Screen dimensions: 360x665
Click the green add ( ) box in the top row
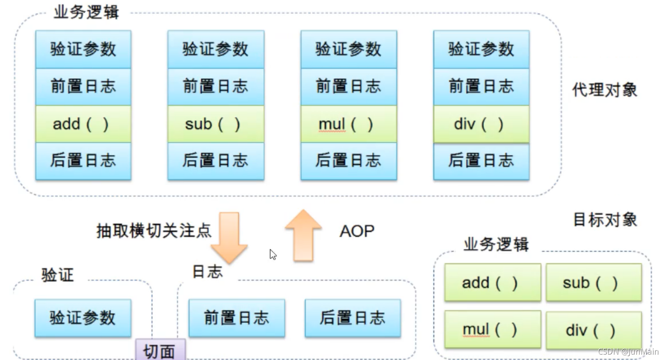click(x=83, y=124)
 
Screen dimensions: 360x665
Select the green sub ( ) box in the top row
click(x=216, y=124)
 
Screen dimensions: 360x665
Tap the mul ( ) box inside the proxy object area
click(x=348, y=124)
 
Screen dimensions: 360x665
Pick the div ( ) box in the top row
click(x=481, y=124)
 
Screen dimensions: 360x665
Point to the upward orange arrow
click(x=303, y=235)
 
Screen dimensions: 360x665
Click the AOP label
click(x=357, y=231)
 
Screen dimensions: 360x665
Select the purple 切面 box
click(x=160, y=350)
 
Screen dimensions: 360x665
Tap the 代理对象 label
click(x=605, y=90)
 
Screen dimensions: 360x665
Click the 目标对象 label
click(x=605, y=220)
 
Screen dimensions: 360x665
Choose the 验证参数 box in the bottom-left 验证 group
click(x=83, y=318)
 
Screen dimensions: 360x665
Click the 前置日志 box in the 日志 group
click(x=236, y=318)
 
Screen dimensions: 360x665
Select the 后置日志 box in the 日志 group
click(x=352, y=318)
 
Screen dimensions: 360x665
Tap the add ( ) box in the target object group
click(x=492, y=283)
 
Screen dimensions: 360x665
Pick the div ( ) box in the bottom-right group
click(x=593, y=330)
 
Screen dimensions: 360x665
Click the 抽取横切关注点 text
click(x=154, y=231)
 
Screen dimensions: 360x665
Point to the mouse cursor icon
click(x=273, y=254)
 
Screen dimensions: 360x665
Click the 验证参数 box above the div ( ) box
click(x=481, y=49)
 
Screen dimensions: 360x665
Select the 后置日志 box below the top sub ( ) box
click(x=216, y=161)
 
